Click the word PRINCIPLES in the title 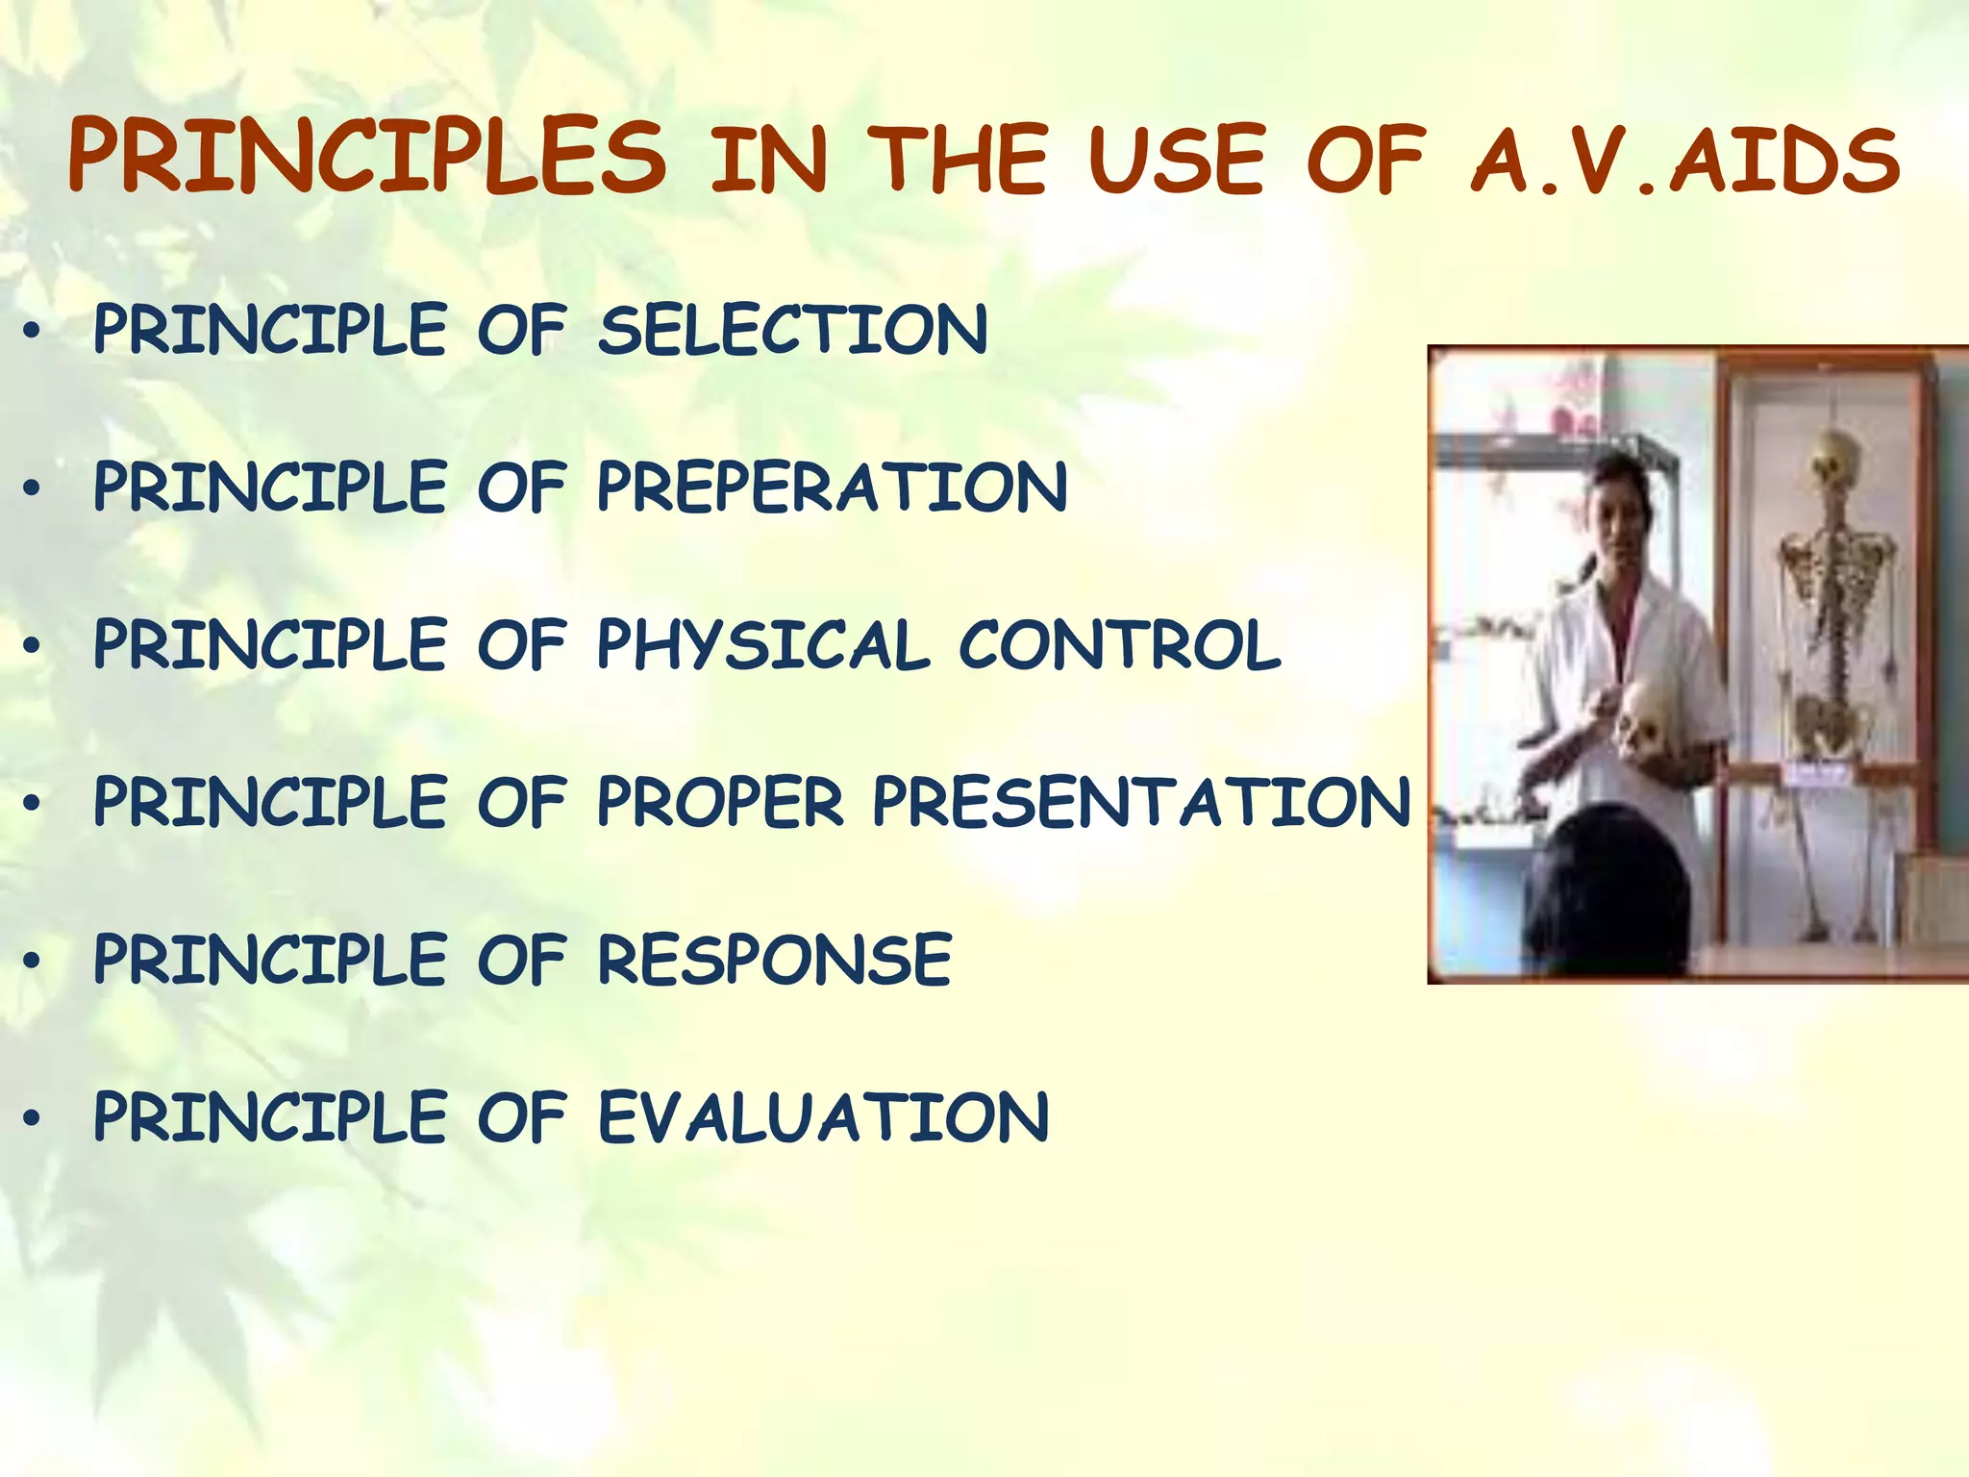[x=366, y=157]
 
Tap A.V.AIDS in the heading [x=1685, y=160]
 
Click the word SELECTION [x=792, y=330]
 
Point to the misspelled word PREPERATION [x=832, y=487]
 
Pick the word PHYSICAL [x=763, y=645]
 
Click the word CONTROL [x=1119, y=644]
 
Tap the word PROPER [x=720, y=802]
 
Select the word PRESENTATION [x=1141, y=802]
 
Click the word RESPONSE [x=775, y=959]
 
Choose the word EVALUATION [x=823, y=1116]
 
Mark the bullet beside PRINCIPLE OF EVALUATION [x=33, y=1118]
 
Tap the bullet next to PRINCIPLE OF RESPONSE [x=33, y=961]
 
